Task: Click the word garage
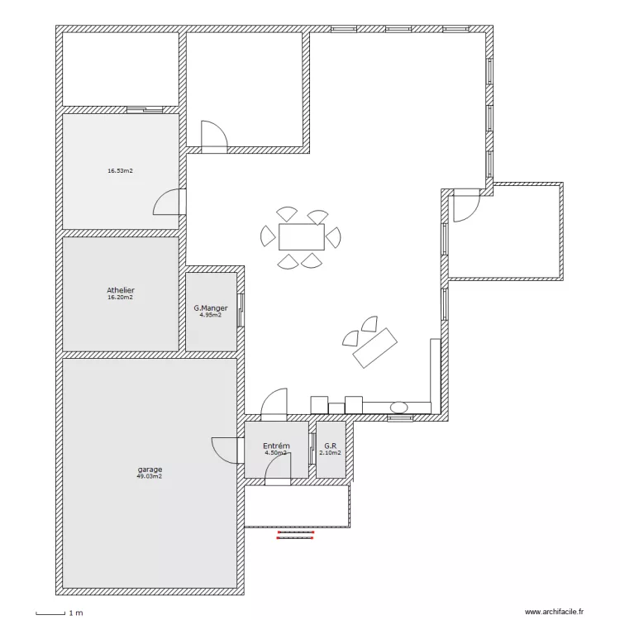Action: pos(150,470)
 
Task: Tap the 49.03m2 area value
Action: pos(150,476)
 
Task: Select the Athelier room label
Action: pos(121,290)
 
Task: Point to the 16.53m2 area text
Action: pos(120,171)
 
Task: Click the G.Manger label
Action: pos(210,308)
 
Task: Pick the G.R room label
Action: pos(330,446)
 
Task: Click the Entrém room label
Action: pos(276,446)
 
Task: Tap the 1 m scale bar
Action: pos(50,613)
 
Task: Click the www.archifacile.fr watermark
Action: pos(554,612)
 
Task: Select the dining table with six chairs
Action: pos(301,237)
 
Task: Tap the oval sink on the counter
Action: pos(399,408)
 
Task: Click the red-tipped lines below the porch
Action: pos(295,535)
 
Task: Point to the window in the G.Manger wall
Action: pos(241,310)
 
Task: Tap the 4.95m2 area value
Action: pos(210,315)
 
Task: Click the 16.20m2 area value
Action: pos(120,298)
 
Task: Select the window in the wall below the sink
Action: pos(400,418)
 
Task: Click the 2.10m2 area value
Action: pos(330,453)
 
